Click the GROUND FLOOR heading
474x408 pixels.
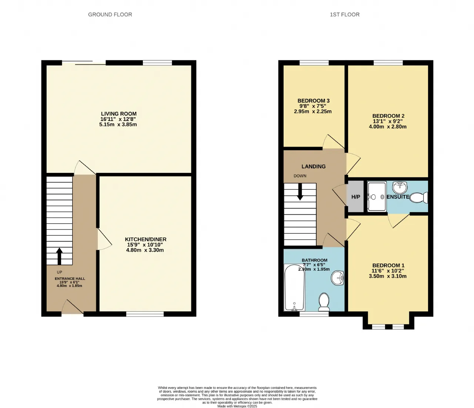pyautogui.click(x=110, y=15)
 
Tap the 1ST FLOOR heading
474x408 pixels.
pyautogui.click(x=345, y=15)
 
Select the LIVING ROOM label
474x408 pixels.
pyautogui.click(x=119, y=114)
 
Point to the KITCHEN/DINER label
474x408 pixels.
pyautogui.click(x=146, y=239)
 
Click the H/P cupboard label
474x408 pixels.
pyautogui.click(x=355, y=197)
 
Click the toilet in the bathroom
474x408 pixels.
pyautogui.click(x=324, y=302)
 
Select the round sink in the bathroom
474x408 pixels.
pyautogui.click(x=338, y=278)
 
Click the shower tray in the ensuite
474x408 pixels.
pyautogui.click(x=377, y=197)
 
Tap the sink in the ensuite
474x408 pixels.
pyautogui.click(x=400, y=187)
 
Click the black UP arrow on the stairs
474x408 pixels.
pyautogui.click(x=59, y=256)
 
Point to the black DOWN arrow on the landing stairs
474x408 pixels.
pyautogui.click(x=300, y=192)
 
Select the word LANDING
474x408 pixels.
pyautogui.click(x=314, y=167)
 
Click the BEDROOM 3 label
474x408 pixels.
pyautogui.click(x=314, y=101)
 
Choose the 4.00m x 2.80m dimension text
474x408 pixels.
pyautogui.click(x=388, y=127)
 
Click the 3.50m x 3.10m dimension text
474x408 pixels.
pyautogui.click(x=388, y=276)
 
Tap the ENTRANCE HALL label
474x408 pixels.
pyautogui.click(x=70, y=279)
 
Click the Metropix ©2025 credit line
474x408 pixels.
pyautogui.click(x=237, y=406)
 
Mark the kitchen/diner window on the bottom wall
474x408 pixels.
pyautogui.click(x=145, y=314)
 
